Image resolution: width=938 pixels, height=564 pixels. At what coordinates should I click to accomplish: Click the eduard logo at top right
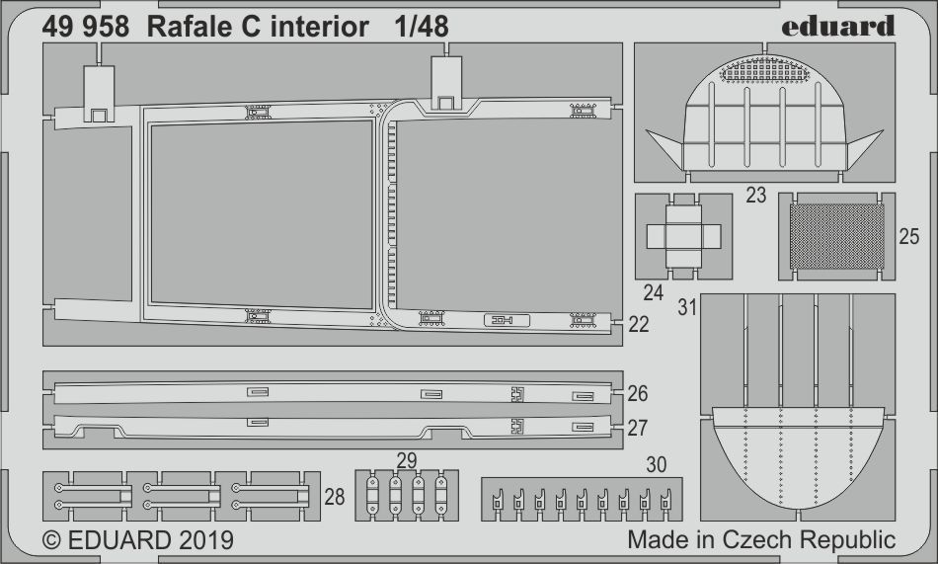(837, 25)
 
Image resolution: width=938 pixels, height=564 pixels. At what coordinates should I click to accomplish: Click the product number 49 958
(85, 28)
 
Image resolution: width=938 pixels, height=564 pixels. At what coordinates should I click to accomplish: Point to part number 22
(639, 325)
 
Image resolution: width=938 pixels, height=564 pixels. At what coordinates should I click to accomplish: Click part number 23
(756, 196)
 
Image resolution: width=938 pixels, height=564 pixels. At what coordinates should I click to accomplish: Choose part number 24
(654, 292)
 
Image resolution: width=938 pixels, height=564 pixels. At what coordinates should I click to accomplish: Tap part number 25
(909, 237)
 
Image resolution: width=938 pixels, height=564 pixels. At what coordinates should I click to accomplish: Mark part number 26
(638, 394)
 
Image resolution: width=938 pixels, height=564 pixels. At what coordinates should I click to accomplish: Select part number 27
(638, 427)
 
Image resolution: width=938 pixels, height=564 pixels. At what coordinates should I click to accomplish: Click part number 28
(335, 497)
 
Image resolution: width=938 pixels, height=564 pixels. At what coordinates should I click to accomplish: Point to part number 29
(406, 460)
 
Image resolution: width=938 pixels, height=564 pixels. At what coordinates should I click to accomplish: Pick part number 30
(657, 464)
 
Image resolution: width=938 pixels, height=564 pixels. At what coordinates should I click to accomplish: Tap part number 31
(687, 308)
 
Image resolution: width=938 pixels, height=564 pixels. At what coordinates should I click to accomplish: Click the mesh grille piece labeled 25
(837, 237)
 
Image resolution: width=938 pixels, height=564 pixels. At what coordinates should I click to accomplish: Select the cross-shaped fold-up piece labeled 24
(682, 236)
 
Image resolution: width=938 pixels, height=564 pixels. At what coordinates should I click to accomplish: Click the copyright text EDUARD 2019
(137, 541)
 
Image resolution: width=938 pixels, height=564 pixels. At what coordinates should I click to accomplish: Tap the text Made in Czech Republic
(761, 540)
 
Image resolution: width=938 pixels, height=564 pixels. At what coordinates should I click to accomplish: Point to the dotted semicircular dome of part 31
(796, 454)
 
